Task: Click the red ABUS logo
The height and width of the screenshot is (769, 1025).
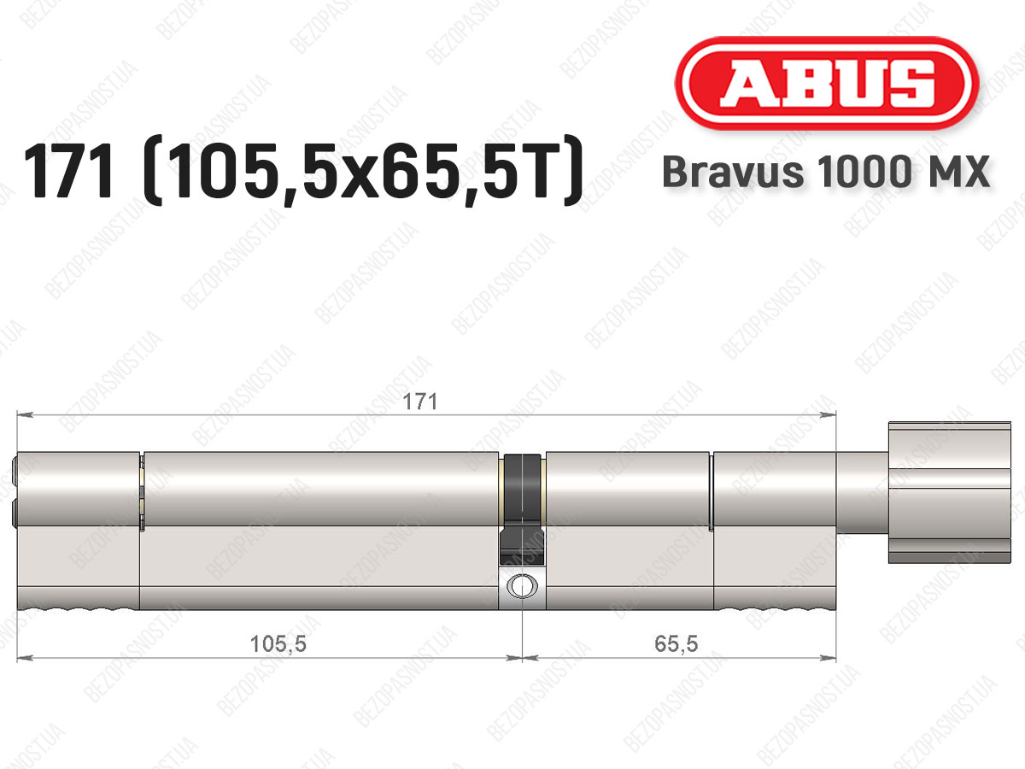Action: coord(827,83)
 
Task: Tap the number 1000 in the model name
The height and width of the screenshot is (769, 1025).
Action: coord(864,172)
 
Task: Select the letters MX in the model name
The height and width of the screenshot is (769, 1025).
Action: coord(957,172)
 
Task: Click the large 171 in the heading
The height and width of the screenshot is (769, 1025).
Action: coord(69,171)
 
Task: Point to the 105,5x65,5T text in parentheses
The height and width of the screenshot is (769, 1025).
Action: coord(364,171)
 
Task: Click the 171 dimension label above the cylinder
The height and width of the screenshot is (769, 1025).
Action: coord(419,402)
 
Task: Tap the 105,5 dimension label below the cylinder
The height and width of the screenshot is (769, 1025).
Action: coord(278,644)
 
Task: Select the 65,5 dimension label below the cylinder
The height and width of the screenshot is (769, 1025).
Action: coord(676,644)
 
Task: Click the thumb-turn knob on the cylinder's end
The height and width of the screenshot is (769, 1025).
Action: coord(949,493)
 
